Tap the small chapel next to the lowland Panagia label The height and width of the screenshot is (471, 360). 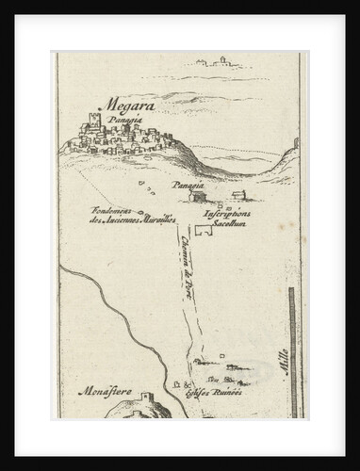coord(196,195)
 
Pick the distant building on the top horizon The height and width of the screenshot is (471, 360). coord(222,60)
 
